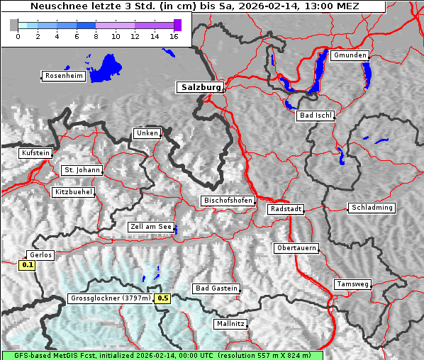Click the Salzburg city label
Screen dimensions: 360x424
point(200,87)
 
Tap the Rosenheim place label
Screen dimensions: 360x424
point(63,76)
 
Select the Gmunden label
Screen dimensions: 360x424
point(350,55)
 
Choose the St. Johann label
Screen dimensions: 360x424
point(82,170)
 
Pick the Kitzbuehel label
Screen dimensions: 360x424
point(73,192)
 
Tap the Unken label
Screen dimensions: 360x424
point(147,133)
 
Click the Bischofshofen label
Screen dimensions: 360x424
point(228,201)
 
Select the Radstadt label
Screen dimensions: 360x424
point(286,209)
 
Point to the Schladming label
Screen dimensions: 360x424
point(371,208)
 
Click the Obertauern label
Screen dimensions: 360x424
point(296,248)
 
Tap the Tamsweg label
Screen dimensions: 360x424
point(352,284)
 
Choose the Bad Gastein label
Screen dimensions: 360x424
point(216,288)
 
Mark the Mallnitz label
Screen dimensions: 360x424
point(230,324)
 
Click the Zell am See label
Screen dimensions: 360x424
point(150,227)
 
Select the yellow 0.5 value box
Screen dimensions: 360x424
point(163,298)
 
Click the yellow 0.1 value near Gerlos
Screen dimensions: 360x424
point(28,266)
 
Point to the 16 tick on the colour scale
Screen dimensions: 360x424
point(173,35)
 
